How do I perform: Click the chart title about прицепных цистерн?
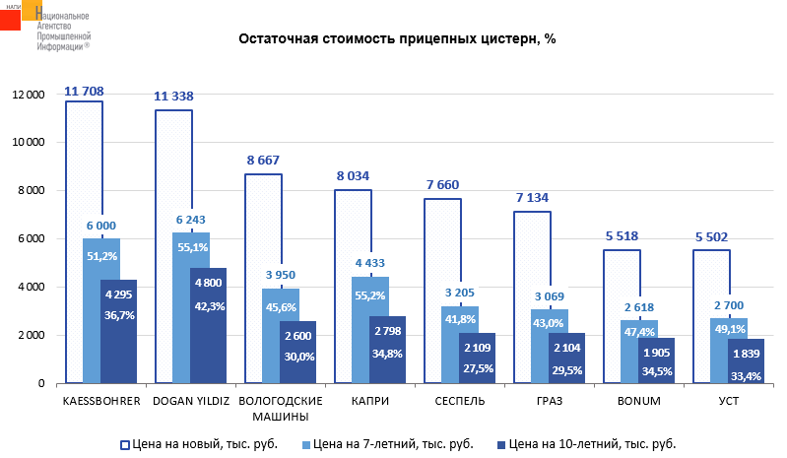click(x=398, y=40)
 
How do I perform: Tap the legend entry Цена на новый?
click(x=203, y=443)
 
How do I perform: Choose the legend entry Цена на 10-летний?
click(x=580, y=443)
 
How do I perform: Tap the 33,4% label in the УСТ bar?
click(x=745, y=374)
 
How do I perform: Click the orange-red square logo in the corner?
click(x=16, y=19)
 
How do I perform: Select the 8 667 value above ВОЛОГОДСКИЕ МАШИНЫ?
click(x=263, y=160)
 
